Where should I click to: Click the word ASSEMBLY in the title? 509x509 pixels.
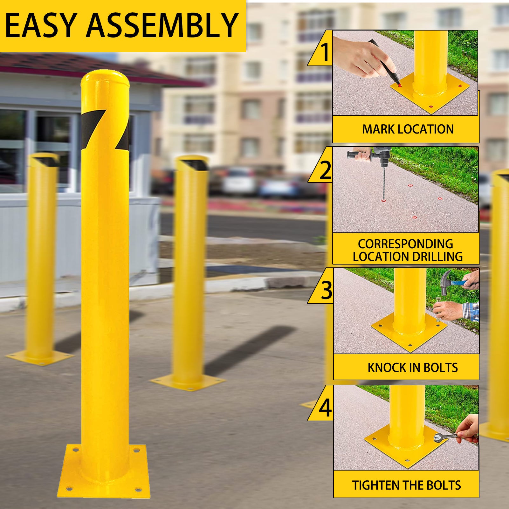[162, 25]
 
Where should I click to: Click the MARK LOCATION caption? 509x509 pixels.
[408, 129]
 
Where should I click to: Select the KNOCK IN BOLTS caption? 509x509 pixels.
[412, 368]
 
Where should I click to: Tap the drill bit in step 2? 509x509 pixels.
[384, 184]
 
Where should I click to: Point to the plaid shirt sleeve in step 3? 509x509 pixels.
[471, 312]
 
